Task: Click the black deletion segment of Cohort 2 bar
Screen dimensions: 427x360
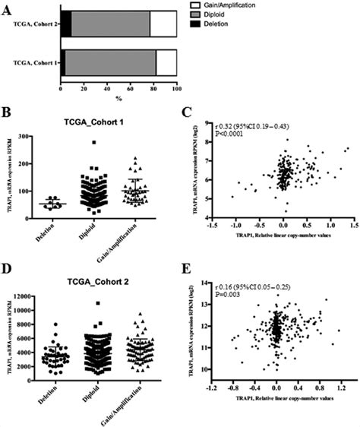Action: (x=65, y=24)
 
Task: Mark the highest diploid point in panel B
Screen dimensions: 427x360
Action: (x=93, y=142)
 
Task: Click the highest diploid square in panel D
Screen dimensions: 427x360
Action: (x=94, y=302)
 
